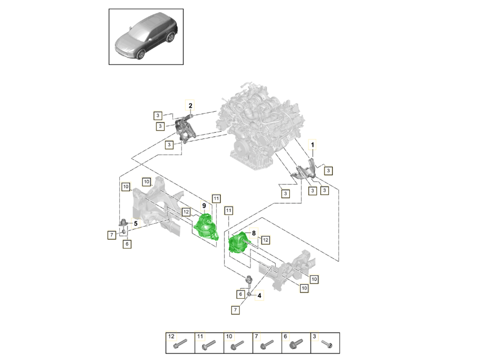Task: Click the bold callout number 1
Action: click(312, 144)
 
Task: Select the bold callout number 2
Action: click(190, 106)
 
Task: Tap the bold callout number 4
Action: click(259, 296)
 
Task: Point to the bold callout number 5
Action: click(136, 224)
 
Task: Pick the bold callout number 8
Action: click(253, 232)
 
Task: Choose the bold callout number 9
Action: click(204, 206)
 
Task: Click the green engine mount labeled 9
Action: click(206, 228)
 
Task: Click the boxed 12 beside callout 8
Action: click(265, 240)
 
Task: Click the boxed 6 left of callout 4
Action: click(240, 294)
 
